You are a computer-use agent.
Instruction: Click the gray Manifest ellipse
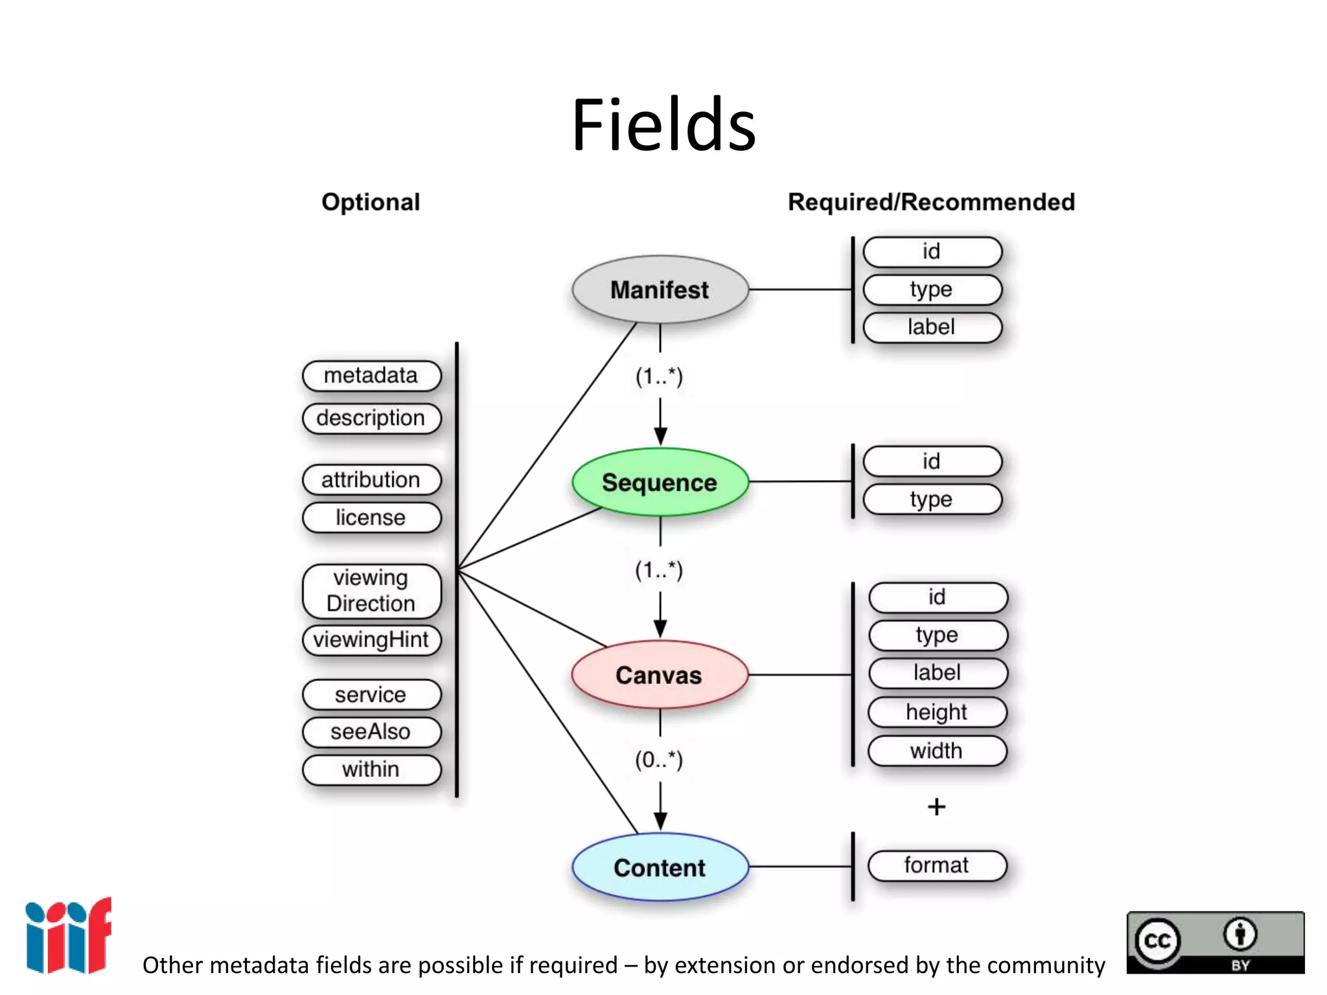pos(660,290)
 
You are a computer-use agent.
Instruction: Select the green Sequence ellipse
pos(660,482)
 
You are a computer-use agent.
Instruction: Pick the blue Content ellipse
pos(660,867)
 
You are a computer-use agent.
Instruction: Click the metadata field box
pos(371,376)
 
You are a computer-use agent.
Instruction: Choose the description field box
pos(371,418)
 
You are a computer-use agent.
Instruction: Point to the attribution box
pos(371,479)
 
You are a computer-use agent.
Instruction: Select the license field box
pos(371,517)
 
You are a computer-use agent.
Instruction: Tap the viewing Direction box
pos(371,590)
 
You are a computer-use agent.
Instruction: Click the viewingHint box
pos(371,639)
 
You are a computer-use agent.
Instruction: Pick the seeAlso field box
pos(371,731)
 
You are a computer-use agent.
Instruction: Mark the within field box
pos(371,769)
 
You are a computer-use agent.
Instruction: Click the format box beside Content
pos(937,865)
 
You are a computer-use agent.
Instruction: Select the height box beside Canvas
pos(937,712)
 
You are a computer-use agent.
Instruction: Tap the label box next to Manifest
pos(932,327)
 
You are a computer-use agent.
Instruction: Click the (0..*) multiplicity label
pos(659,759)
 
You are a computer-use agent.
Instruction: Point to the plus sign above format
pos(936,806)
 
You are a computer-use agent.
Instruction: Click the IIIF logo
pos(68,935)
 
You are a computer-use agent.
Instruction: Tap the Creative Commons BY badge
pos(1215,943)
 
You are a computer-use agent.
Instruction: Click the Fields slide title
pos(663,124)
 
